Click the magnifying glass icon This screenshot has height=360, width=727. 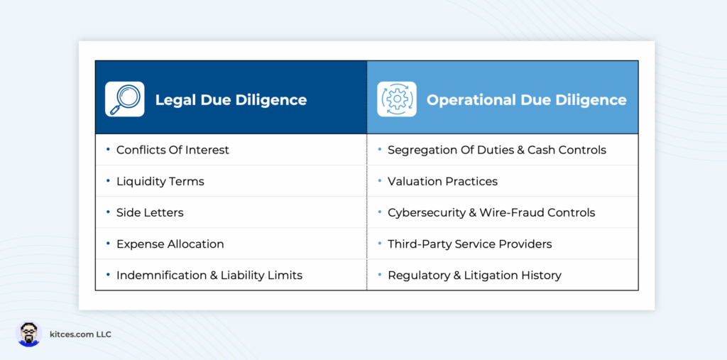point(124,99)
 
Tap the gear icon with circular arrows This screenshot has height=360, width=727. point(396,99)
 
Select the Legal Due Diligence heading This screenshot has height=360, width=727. point(231,100)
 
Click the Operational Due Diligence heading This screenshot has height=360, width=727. point(527,100)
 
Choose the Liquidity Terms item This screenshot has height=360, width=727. point(160,181)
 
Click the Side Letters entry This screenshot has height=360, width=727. point(150,212)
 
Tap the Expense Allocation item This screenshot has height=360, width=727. point(170,244)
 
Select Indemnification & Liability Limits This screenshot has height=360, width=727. point(209,275)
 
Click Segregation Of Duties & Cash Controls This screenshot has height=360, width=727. point(497,150)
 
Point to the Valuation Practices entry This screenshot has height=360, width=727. point(443,181)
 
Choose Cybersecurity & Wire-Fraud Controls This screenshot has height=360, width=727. point(491,212)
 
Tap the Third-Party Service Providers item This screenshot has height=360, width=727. point(470,244)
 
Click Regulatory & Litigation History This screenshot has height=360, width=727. point(475,275)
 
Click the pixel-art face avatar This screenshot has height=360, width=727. point(28,334)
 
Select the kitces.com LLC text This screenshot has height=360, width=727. point(80,334)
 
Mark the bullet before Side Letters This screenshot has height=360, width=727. point(108,212)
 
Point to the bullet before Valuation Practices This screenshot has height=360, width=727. point(380,181)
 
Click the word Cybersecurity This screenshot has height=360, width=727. point(423,213)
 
